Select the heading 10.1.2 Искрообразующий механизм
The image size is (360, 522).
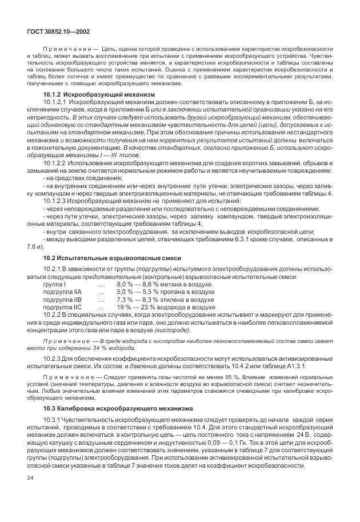[99, 94]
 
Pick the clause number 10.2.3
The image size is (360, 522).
[53, 358]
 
